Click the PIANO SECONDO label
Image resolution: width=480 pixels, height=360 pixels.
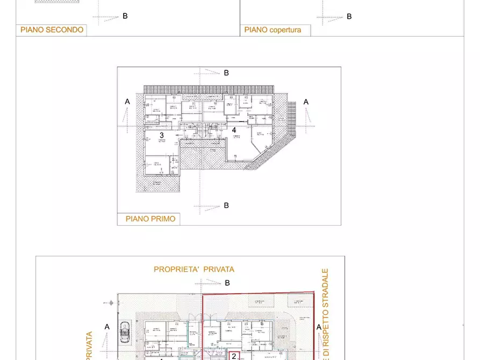pyautogui.click(x=52, y=30)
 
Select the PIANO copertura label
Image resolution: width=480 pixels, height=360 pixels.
pyautogui.click(x=273, y=30)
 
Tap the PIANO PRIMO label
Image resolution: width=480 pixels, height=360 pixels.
pyautogui.click(x=150, y=219)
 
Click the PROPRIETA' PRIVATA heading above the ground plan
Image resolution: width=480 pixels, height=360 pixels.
pyautogui.click(x=194, y=269)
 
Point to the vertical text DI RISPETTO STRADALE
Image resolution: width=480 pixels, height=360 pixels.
pyautogui.click(x=325, y=314)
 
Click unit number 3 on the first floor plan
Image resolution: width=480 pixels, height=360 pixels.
pyautogui.click(x=161, y=135)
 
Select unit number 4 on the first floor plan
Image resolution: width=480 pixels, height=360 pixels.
pyautogui.click(x=234, y=129)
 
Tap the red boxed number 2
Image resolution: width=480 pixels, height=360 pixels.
pyautogui.click(x=234, y=356)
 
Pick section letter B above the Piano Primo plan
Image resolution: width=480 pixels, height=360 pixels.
pyautogui.click(x=226, y=73)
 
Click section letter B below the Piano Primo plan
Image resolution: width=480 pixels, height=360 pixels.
pyautogui.click(x=226, y=205)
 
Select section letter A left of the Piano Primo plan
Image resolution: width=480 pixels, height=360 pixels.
pyautogui.click(x=127, y=102)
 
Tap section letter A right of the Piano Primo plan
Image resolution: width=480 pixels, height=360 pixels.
pyautogui.click(x=306, y=102)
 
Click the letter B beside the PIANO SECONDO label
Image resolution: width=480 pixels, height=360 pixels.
pyautogui.click(x=125, y=16)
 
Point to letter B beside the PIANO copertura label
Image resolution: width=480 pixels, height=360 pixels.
pyautogui.click(x=349, y=17)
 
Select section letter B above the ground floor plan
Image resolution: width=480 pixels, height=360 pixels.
pyautogui.click(x=227, y=283)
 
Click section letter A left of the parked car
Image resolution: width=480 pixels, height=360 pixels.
pyautogui.click(x=107, y=326)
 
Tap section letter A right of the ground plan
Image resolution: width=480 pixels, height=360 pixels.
pyautogui.click(x=319, y=327)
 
